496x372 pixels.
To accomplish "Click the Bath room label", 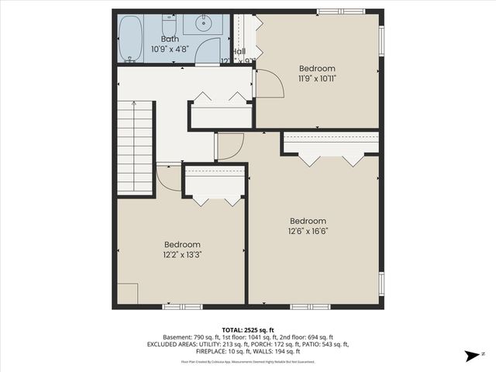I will (x=170, y=39).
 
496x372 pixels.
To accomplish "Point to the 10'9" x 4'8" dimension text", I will (x=170, y=49).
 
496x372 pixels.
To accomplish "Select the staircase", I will (x=134, y=149).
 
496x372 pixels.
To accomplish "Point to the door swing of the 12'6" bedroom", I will (x=229, y=146).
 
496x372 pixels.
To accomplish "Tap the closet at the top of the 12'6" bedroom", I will (x=331, y=143).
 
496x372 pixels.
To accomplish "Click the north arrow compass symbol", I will (x=470, y=356).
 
